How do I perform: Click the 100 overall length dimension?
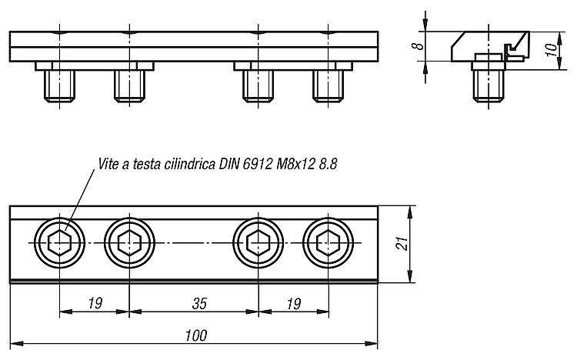click(196, 335)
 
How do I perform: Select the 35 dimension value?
click(199, 304)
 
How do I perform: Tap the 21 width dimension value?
click(402, 244)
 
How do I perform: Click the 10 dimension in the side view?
click(552, 50)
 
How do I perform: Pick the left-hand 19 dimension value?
click(95, 304)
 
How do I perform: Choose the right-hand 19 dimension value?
click(294, 304)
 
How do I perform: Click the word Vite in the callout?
click(109, 164)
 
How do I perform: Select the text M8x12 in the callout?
click(295, 164)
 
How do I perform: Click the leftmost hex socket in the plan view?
click(59, 243)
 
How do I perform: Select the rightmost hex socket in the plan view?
click(329, 243)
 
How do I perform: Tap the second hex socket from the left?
click(129, 243)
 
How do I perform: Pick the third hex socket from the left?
click(258, 243)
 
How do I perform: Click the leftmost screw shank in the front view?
click(59, 85)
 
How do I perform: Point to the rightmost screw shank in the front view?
click(329, 85)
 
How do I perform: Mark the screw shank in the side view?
click(489, 85)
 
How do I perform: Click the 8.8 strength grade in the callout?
click(328, 164)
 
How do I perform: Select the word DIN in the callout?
click(229, 164)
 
